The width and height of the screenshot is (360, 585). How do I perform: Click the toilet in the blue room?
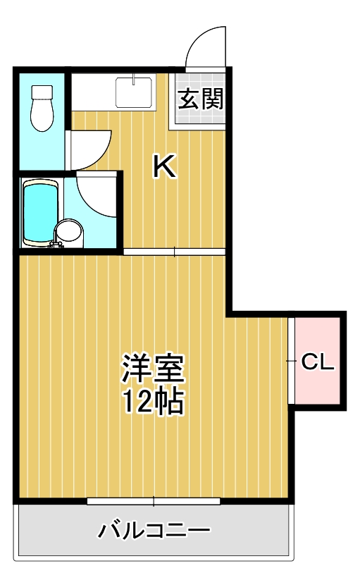pyautogui.click(x=43, y=111)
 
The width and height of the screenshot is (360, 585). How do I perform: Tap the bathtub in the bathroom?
pyautogui.click(x=39, y=211)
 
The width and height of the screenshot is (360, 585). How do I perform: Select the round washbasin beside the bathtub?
pyautogui.click(x=68, y=231)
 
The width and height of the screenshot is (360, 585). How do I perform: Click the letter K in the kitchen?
pyautogui.click(x=164, y=167)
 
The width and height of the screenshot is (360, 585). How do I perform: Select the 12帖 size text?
pyautogui.click(x=153, y=401)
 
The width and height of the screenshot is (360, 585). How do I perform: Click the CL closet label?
pyautogui.click(x=317, y=362)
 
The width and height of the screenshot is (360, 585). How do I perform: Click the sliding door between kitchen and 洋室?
pyautogui.click(x=174, y=252)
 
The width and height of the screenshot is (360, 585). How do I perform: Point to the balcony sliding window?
pyautogui.click(x=154, y=502)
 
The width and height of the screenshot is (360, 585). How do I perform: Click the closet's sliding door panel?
pyautogui.click(x=291, y=361)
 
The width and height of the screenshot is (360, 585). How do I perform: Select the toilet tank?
pyautogui.click(x=43, y=92)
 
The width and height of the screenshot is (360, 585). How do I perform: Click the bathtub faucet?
pyautogui.click(x=54, y=245)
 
